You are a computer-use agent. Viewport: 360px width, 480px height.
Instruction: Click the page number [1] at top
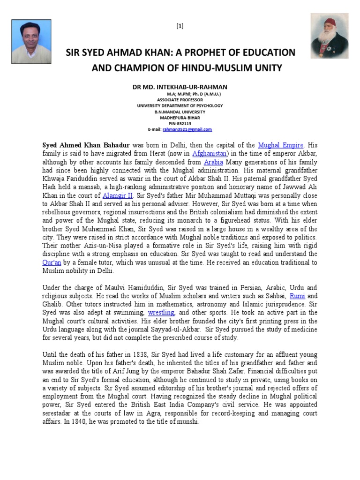[180, 26]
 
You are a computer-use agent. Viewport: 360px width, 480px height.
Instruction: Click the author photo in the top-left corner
[31, 41]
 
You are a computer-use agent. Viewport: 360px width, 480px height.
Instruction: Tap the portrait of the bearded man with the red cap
[330, 36]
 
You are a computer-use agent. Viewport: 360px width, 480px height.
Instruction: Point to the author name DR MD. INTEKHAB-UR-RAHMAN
[180, 87]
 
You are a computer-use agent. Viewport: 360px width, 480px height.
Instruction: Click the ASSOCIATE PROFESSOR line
[180, 100]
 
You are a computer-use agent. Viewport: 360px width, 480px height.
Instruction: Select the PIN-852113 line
[180, 123]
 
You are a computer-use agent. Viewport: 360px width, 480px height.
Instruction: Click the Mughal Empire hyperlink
[281, 145]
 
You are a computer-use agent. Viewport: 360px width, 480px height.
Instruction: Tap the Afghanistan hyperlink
[209, 153]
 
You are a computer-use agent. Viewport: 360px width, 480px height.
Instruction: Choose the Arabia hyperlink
[213, 162]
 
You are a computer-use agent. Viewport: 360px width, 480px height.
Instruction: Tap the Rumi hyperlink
[298, 296]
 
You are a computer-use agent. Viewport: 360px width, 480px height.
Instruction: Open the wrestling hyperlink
[161, 312]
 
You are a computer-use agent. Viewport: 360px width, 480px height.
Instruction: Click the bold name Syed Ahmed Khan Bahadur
[86, 145]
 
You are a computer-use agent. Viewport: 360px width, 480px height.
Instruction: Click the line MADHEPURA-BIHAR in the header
[180, 118]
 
